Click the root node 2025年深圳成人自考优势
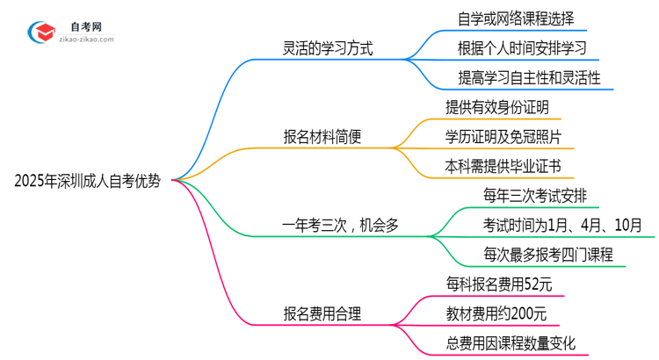(88, 182)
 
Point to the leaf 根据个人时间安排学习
(522, 47)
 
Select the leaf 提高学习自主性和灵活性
(529, 78)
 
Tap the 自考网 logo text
(89, 26)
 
